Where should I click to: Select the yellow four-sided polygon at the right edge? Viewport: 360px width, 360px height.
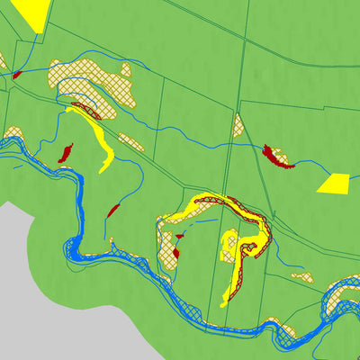tap(334, 183)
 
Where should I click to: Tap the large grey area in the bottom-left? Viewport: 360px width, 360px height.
tap(36, 288)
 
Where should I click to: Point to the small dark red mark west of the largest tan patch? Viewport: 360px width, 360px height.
tap(16, 74)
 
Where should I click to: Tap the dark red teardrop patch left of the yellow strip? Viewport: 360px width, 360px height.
tap(66, 153)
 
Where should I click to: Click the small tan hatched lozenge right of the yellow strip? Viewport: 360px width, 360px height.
tap(131, 142)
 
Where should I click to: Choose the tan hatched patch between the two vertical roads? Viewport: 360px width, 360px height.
tap(238, 125)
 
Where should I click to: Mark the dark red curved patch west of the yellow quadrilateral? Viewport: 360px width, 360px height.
tap(277, 157)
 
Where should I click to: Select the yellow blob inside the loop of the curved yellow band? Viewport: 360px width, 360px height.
tap(229, 243)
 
